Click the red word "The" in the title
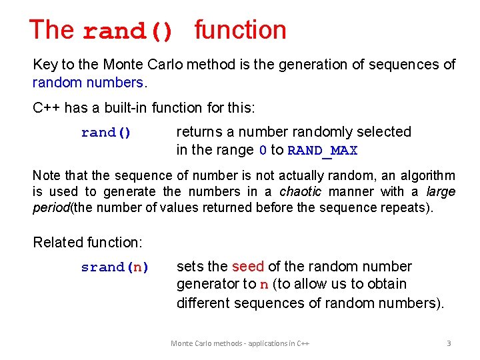pyautogui.click(x=52, y=30)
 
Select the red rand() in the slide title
pyautogui.click(x=128, y=31)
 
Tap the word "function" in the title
pyautogui.click(x=241, y=30)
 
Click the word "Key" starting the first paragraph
pyautogui.click(x=45, y=65)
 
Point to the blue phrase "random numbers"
pyautogui.click(x=88, y=83)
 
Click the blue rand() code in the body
pyautogui.click(x=106, y=133)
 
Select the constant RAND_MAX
pyautogui.click(x=323, y=151)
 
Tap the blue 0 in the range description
pyautogui.click(x=263, y=151)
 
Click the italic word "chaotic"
pyautogui.click(x=300, y=192)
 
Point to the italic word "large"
pyautogui.click(x=441, y=192)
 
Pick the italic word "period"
pyautogui.click(x=50, y=207)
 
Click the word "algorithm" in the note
pyautogui.click(x=422, y=175)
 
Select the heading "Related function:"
pyautogui.click(x=88, y=242)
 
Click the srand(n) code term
pyautogui.click(x=115, y=267)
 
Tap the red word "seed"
pyautogui.click(x=248, y=267)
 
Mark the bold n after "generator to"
pyautogui.click(x=264, y=285)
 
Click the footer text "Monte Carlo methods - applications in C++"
pyautogui.click(x=240, y=343)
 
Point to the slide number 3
pyautogui.click(x=449, y=343)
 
